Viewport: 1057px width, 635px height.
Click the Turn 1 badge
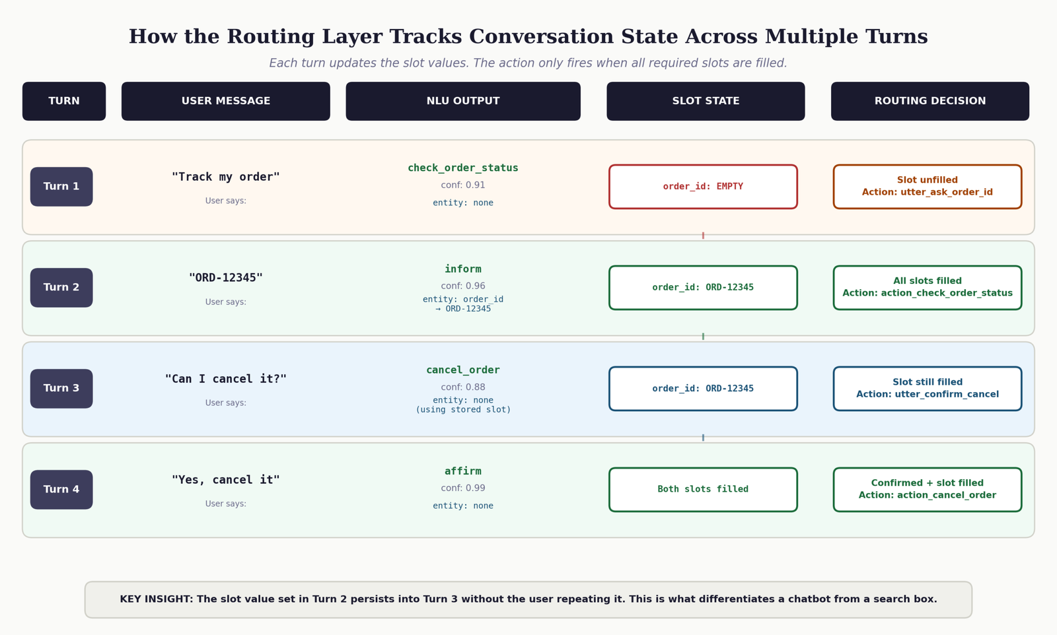pyautogui.click(x=61, y=187)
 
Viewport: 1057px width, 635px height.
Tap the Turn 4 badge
pyautogui.click(x=61, y=489)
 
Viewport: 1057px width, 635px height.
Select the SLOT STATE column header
pyautogui.click(x=706, y=101)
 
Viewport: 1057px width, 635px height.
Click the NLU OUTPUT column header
pyautogui.click(x=463, y=101)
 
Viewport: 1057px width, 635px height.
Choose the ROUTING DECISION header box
pyautogui.click(x=930, y=101)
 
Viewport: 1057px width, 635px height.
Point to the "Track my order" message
pyautogui.click(x=225, y=177)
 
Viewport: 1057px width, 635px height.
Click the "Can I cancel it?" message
pyautogui.click(x=225, y=379)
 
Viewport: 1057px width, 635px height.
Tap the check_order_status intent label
pyautogui.click(x=463, y=168)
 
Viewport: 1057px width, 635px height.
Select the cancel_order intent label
pyautogui.click(x=463, y=370)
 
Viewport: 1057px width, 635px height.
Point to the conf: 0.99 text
pyautogui.click(x=463, y=488)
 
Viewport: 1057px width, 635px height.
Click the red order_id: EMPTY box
pyautogui.click(x=703, y=187)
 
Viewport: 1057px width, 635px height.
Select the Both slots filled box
pyautogui.click(x=703, y=489)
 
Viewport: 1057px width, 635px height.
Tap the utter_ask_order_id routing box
pyautogui.click(x=928, y=187)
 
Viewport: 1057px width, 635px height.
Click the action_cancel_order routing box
pyautogui.click(x=928, y=489)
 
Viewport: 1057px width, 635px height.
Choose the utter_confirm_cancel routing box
pyautogui.click(x=928, y=388)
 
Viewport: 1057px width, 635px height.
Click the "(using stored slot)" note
pyautogui.click(x=463, y=410)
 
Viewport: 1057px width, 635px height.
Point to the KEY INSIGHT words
pyautogui.click(x=156, y=599)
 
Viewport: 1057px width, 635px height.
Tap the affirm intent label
pyautogui.click(x=463, y=471)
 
